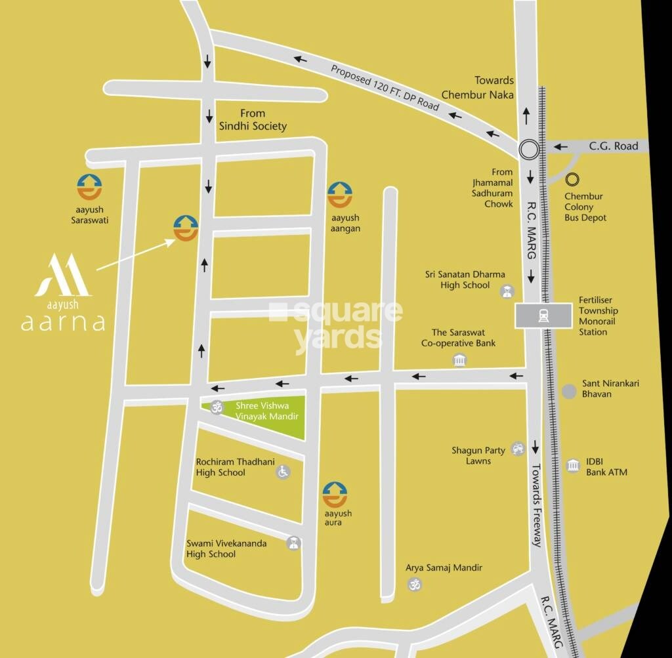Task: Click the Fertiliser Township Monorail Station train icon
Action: (544, 316)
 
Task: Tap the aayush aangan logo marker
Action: (340, 195)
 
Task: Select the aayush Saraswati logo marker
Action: (89, 187)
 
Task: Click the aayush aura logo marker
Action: (335, 495)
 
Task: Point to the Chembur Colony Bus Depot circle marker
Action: (574, 178)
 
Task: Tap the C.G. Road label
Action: (613, 146)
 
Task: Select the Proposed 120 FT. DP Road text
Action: (385, 87)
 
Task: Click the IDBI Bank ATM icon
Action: (573, 466)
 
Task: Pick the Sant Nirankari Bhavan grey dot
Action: (569, 391)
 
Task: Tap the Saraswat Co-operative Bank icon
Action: (459, 360)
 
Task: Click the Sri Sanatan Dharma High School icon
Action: (507, 291)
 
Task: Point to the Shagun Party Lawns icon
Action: (518, 449)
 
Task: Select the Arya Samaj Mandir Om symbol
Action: (414, 583)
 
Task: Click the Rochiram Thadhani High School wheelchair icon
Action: (283, 471)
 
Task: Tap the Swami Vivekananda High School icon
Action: (293, 543)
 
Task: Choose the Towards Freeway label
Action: (536, 504)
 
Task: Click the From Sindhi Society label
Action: (253, 119)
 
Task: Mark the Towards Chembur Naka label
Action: (477, 87)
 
